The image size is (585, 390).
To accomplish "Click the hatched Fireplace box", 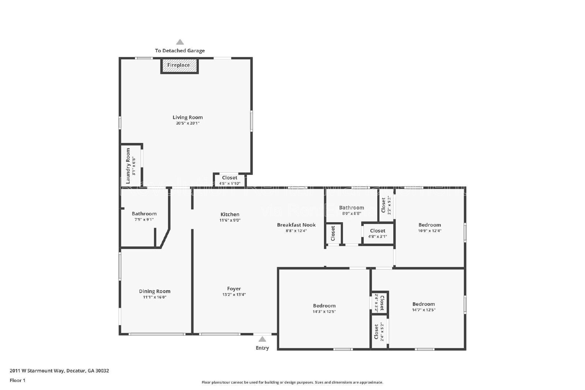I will pos(179,65).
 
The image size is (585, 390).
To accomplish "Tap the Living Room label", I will pos(188,117).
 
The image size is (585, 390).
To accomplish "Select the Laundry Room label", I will pos(128,166).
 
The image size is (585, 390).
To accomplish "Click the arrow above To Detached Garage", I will pos(180,42).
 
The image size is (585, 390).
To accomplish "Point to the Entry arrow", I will pos(262,339).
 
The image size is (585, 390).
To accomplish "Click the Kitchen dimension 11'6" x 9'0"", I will pos(230,220).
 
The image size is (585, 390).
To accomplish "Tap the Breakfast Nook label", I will pos(296,225).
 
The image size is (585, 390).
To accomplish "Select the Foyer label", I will pos(234,289).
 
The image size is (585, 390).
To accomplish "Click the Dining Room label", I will pos(155,291).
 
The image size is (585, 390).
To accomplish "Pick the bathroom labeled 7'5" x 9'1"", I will pos(144,216).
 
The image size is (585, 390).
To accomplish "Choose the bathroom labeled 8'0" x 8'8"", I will pos(351,210).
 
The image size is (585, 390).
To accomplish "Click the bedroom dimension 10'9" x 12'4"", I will pos(430,231).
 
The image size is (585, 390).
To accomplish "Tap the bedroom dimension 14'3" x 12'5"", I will pos(324,312).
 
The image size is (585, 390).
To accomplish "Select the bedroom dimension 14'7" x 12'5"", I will pos(424,310).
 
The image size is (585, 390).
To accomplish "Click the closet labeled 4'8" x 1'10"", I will pos(230,180).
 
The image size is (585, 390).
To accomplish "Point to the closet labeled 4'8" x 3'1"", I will pos(377,233).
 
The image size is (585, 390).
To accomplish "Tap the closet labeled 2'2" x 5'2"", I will pos(386,205).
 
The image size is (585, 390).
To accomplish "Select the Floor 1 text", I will pos(18,380).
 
